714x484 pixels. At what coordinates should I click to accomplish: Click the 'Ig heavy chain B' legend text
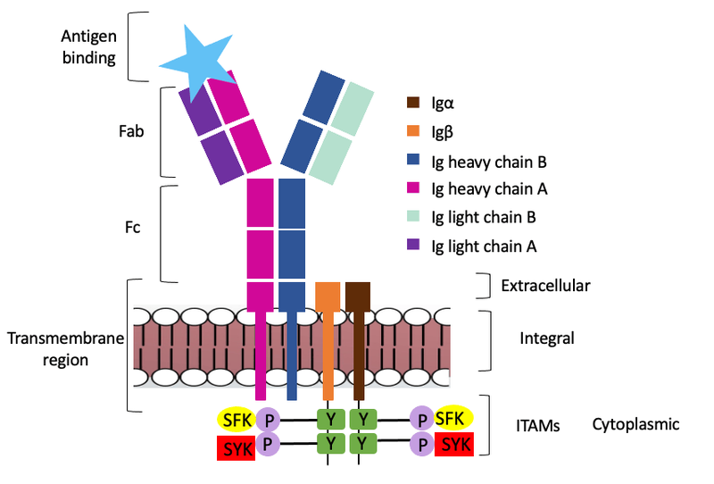click(488, 162)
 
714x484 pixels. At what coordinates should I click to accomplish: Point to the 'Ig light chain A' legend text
click(487, 244)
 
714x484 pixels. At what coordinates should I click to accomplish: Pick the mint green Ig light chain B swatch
click(413, 216)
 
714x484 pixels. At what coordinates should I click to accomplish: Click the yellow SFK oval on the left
click(237, 418)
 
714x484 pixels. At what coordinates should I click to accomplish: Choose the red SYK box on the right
click(453, 445)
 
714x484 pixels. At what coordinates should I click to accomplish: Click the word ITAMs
click(538, 427)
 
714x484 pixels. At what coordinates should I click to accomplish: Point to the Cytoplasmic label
click(635, 425)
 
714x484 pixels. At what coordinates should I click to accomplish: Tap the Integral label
click(546, 338)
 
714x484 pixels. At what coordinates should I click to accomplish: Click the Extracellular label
click(545, 286)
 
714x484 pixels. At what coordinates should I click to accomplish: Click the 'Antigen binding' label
click(88, 47)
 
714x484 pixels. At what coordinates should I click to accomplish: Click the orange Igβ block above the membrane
click(328, 296)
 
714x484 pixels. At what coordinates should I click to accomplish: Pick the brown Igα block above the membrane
click(358, 296)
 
